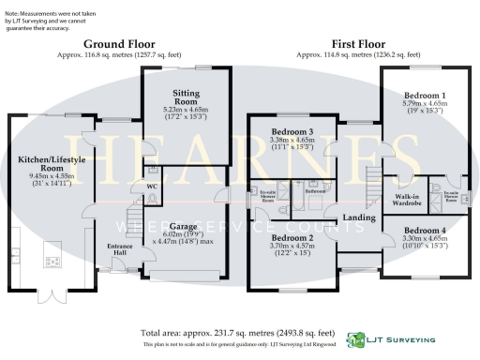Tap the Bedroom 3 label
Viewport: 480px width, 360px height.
tap(292, 132)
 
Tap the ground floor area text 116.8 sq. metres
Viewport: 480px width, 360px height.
tap(119, 55)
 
